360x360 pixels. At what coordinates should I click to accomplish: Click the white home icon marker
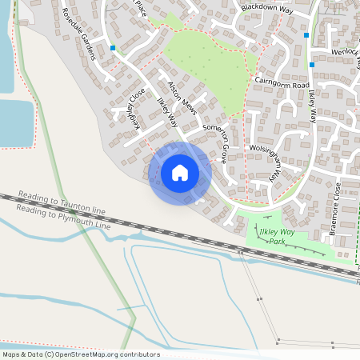coord(180,173)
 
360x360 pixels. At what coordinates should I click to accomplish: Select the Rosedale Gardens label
coord(79,35)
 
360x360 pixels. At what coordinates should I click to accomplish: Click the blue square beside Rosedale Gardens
coord(113,48)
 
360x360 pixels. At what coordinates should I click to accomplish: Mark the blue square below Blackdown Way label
coord(306,35)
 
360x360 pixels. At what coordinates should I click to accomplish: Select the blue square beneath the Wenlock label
coord(312,64)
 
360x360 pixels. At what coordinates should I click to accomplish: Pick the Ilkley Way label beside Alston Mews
coord(166,112)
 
